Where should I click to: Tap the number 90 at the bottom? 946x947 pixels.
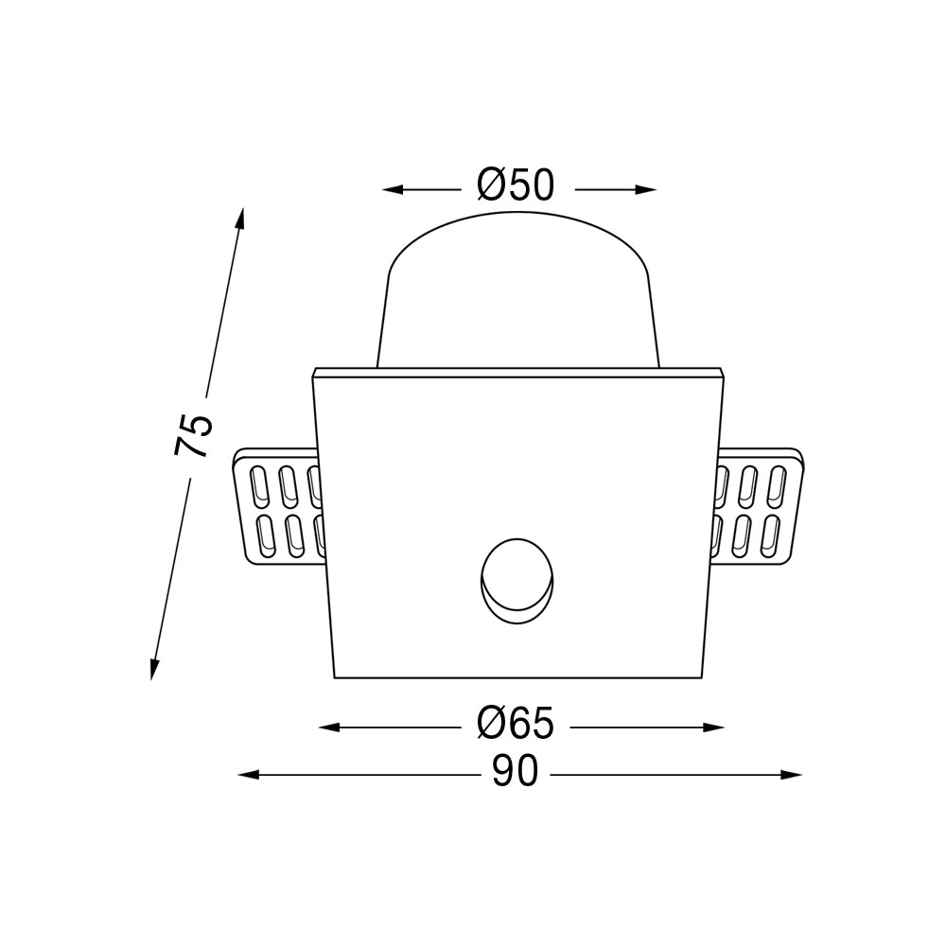click(515, 771)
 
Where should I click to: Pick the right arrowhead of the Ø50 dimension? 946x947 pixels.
click(645, 189)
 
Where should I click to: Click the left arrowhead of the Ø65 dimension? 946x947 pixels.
click(329, 728)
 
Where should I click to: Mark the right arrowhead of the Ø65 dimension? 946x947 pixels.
click(713, 728)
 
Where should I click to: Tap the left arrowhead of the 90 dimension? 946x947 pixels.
click(250, 775)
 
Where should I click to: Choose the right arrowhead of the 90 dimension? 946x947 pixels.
click(792, 775)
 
